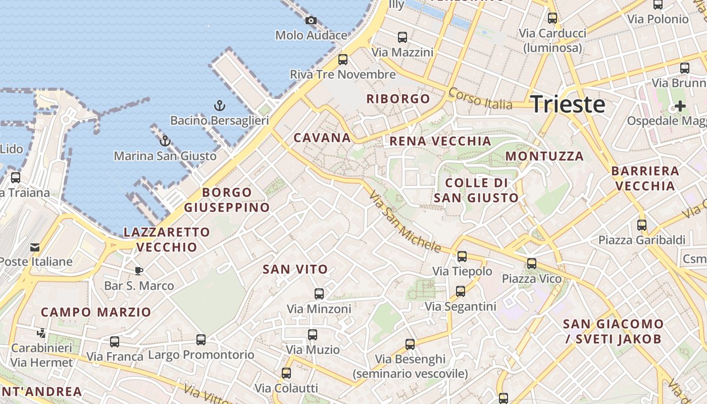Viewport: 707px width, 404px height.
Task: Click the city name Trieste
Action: (568, 104)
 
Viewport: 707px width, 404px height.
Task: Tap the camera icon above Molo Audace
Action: (311, 21)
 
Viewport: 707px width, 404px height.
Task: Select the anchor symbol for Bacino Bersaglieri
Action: (219, 106)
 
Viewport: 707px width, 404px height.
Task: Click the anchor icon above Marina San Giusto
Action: (165, 141)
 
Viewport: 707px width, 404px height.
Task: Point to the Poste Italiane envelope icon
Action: (35, 247)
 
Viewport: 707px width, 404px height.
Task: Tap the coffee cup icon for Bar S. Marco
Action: (139, 271)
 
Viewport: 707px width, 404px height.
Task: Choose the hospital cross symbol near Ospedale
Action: (680, 106)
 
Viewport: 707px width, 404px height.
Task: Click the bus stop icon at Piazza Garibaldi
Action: (641, 225)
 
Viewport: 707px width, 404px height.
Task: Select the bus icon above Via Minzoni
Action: (319, 294)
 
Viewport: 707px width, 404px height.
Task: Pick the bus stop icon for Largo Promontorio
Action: (201, 340)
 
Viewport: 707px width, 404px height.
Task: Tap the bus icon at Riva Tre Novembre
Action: (343, 60)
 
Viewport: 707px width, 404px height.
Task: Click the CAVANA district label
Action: (322, 137)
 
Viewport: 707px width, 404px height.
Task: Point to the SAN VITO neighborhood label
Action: (295, 270)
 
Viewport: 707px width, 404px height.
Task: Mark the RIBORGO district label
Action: (398, 98)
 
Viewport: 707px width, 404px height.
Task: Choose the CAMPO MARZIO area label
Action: (96, 312)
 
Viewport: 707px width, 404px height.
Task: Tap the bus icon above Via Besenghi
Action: (410, 344)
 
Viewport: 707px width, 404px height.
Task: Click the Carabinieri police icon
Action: (41, 333)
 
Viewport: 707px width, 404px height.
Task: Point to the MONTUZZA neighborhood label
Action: (544, 156)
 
